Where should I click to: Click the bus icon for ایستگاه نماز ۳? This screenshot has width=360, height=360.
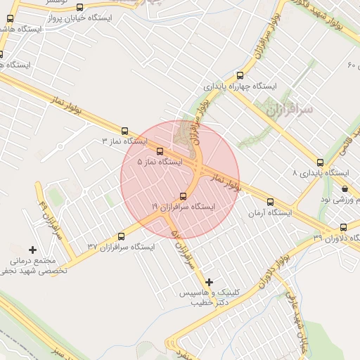[125, 131]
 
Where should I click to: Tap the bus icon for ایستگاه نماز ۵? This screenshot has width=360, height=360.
[160, 150]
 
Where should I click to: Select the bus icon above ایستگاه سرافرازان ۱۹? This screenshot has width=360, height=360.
[184, 196]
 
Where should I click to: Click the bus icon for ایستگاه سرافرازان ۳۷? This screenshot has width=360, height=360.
[120, 236]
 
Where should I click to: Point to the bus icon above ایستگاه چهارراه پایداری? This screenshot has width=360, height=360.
[240, 75]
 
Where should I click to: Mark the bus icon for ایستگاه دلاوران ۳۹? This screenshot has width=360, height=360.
[343, 227]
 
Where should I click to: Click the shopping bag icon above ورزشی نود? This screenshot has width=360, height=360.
[344, 188]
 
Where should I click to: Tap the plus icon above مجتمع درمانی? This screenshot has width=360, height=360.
[32, 250]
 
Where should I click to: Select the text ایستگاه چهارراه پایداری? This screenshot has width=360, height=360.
[240, 86]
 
